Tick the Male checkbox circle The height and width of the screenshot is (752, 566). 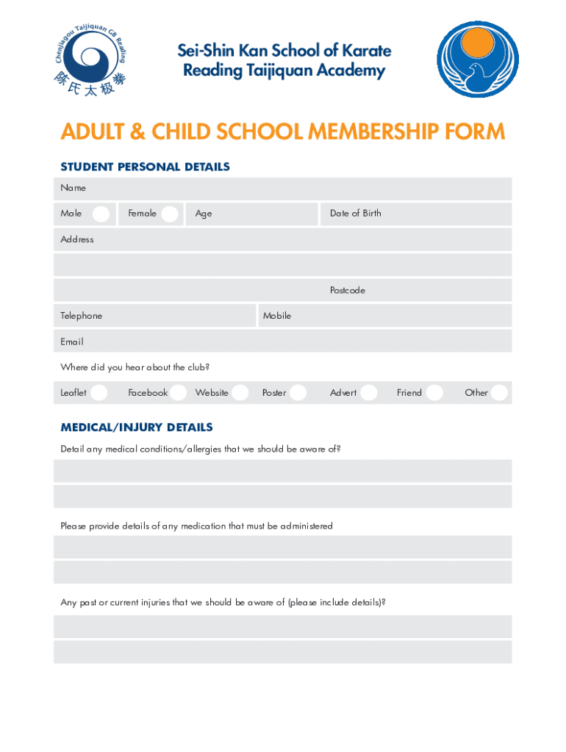pos(101,214)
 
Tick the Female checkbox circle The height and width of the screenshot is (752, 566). pos(170,214)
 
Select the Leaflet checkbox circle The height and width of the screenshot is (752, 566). pos(99,393)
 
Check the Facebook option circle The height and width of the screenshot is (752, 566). pos(179,393)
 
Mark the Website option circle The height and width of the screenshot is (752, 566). pos(240,393)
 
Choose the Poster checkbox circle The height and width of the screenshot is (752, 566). pos(298,393)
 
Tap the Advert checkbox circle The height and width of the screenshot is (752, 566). pos(369,393)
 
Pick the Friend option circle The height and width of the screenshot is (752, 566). pos(434,393)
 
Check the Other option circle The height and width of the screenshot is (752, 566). pos(500,393)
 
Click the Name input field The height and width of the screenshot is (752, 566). pos(294,189)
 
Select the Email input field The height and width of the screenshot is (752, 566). pos(294,341)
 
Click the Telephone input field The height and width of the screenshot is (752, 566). pos(176,316)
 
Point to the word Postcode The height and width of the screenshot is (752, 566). pos(347,291)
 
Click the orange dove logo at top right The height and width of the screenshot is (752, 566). pos(477,59)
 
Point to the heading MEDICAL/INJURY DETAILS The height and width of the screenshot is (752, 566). pos(137,427)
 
